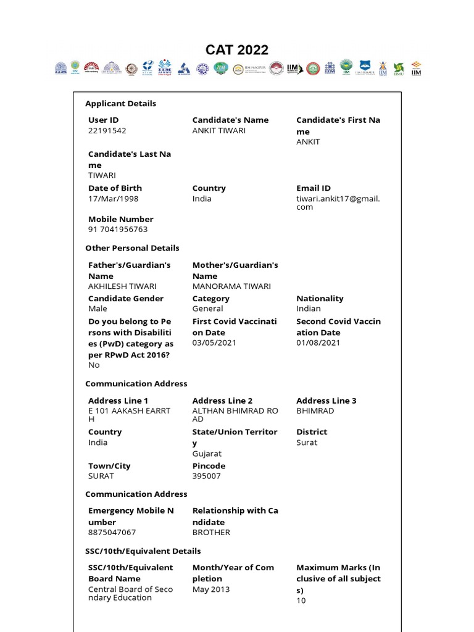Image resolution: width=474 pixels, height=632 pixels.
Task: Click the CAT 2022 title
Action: point(237,50)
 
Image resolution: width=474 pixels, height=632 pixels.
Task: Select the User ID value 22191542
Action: point(107,131)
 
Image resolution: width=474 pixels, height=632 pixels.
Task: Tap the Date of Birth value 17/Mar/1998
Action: point(114,199)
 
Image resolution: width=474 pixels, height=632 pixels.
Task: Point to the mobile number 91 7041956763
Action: point(118,230)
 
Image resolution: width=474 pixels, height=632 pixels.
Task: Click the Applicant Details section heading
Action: point(121,104)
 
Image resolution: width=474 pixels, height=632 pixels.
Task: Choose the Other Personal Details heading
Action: point(132,248)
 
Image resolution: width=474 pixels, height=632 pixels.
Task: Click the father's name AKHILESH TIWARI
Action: point(122,286)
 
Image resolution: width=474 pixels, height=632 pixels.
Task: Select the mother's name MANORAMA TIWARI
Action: point(231,286)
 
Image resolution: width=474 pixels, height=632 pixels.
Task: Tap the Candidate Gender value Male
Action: point(98,309)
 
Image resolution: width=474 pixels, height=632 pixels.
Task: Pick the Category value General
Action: point(208,309)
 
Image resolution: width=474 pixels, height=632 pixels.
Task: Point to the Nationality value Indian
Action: point(309,309)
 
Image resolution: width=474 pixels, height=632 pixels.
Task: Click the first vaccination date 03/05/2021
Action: point(214,343)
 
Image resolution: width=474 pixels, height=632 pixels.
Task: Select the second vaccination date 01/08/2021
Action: point(318,343)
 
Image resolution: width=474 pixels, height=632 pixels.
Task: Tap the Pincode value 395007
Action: point(206,476)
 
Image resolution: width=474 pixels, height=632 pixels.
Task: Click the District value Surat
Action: point(307,443)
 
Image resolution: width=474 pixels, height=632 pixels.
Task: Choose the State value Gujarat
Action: point(207,454)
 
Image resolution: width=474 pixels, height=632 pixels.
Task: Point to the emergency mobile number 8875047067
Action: point(112,533)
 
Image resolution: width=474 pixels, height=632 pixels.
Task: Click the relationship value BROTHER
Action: point(211,533)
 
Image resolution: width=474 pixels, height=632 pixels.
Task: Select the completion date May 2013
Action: point(211,589)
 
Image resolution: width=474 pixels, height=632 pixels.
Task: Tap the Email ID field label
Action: point(314,188)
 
